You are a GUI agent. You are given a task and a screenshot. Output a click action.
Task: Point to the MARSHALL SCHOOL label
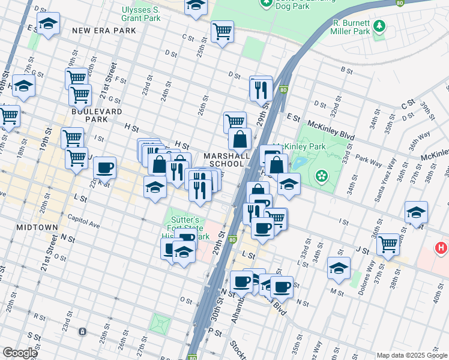pos(227,160)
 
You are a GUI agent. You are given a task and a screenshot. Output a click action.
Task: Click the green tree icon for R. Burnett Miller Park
pos(379,26)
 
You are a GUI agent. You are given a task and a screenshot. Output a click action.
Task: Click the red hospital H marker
pos(441,247)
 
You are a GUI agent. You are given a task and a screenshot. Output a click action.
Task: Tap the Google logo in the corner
pos(20,352)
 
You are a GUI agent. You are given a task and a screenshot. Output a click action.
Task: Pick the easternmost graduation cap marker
pos(416,212)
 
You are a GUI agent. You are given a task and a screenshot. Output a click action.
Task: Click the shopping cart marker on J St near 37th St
pos(388,243)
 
